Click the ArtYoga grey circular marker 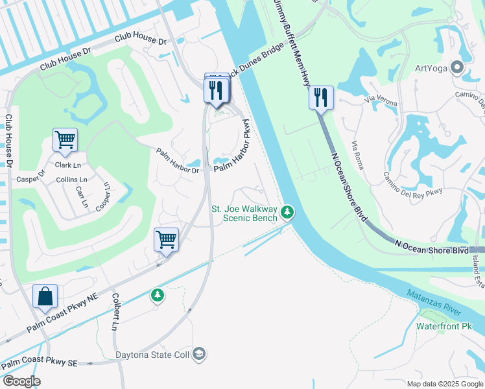pos(458,67)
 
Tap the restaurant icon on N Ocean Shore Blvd pos(321,98)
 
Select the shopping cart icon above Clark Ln pos(65,139)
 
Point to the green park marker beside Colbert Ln pos(157,296)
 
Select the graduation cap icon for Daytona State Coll pos(200,354)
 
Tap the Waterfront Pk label pos(444,326)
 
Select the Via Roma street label pos(357,156)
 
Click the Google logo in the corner pos(21,381)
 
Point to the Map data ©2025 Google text pos(444,384)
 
